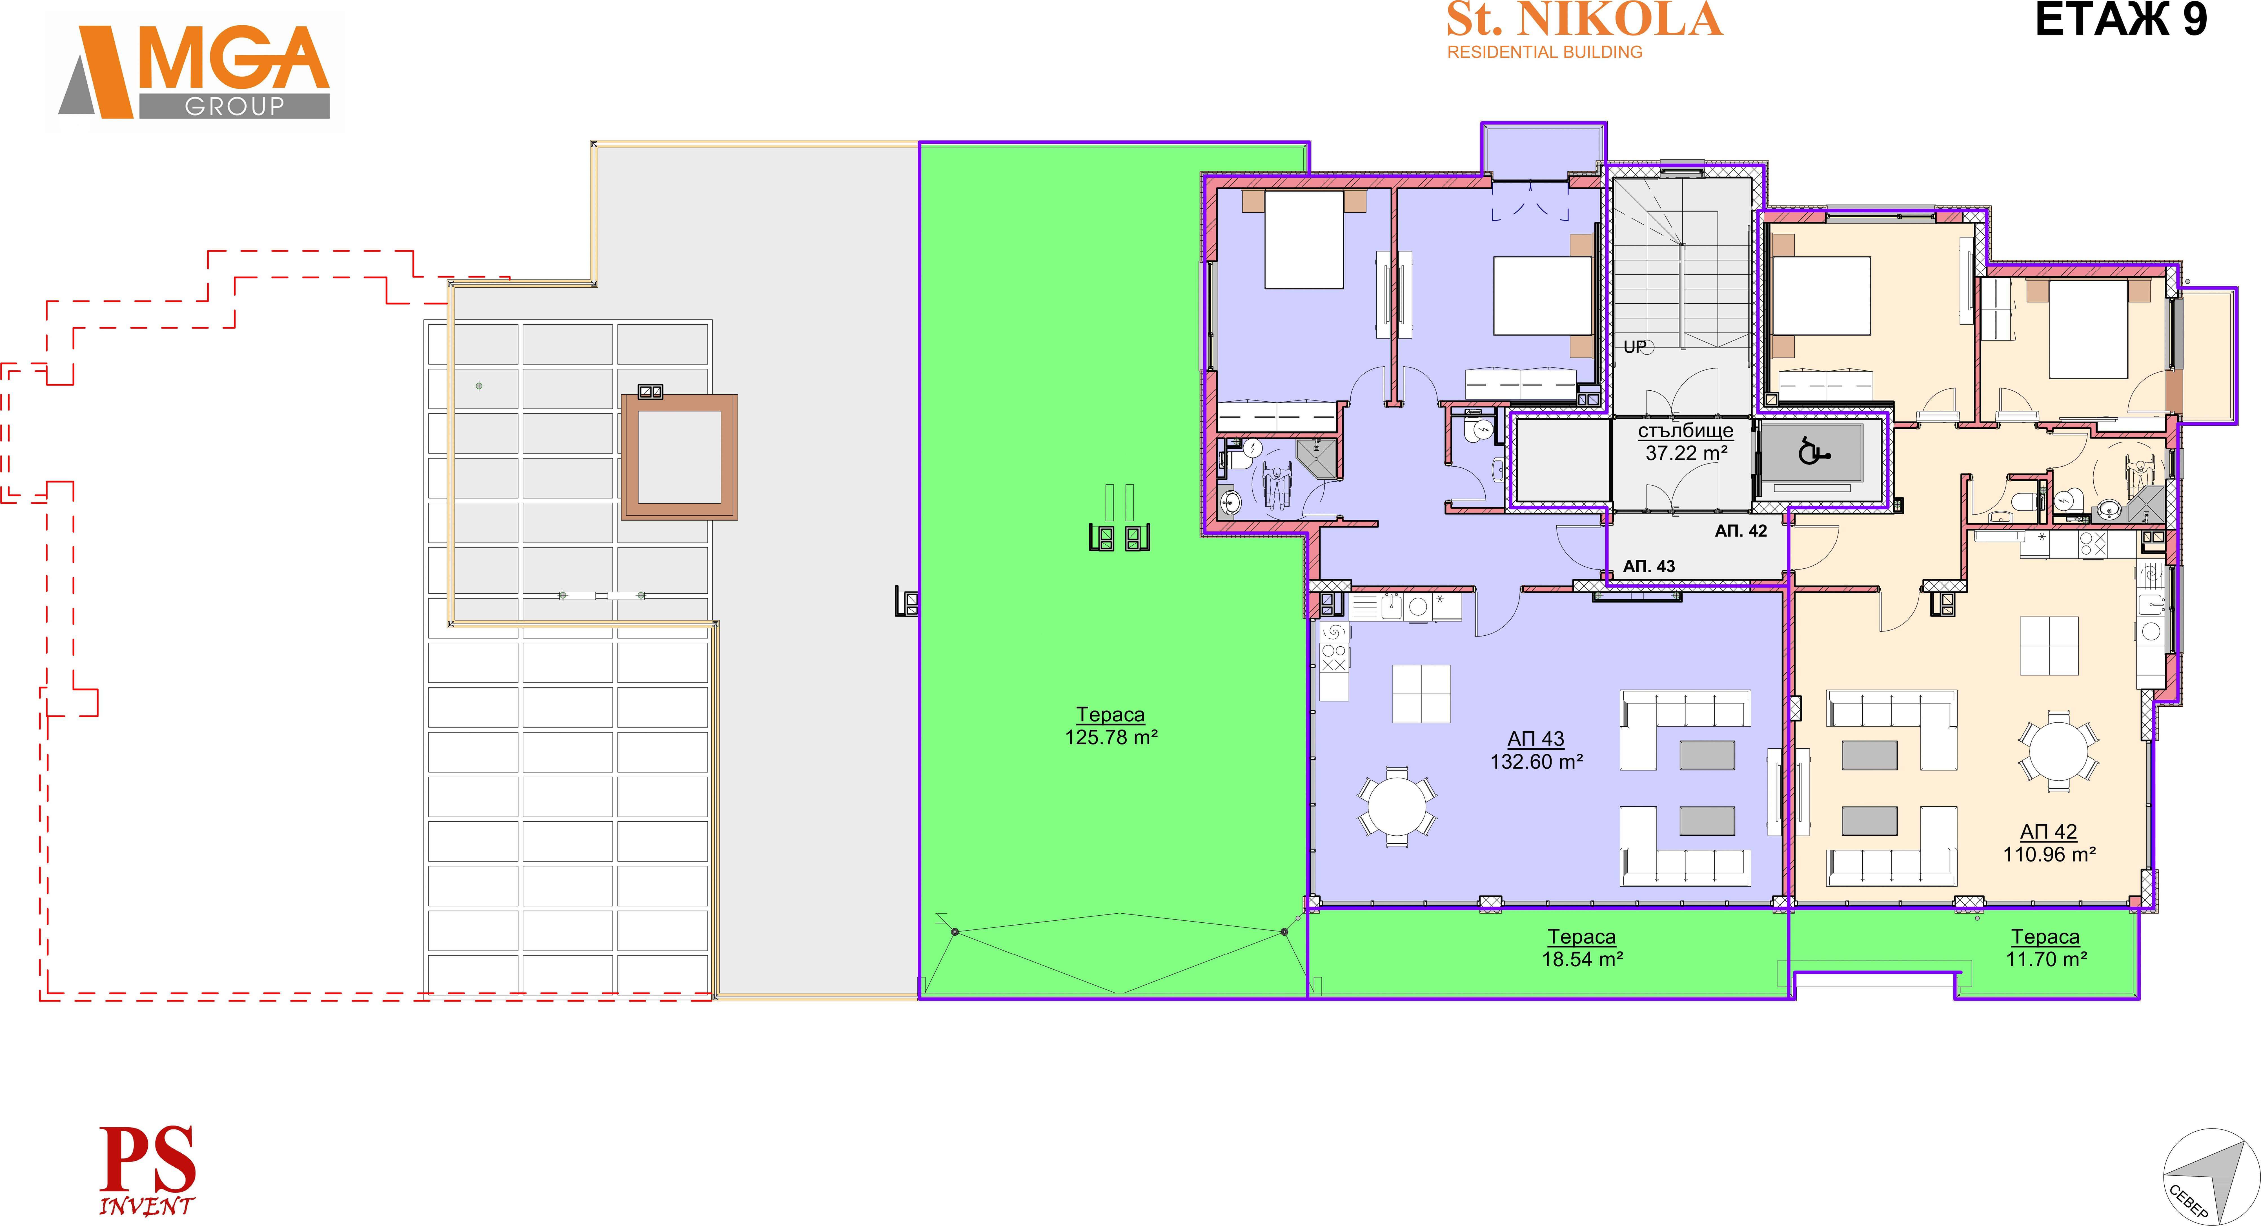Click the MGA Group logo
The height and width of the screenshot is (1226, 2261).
pyautogui.click(x=195, y=72)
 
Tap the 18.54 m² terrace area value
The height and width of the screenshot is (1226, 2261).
pyautogui.click(x=1582, y=959)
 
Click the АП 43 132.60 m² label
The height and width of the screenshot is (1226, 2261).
pyautogui.click(x=1536, y=750)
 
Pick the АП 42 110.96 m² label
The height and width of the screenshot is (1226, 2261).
pyautogui.click(x=2049, y=842)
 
